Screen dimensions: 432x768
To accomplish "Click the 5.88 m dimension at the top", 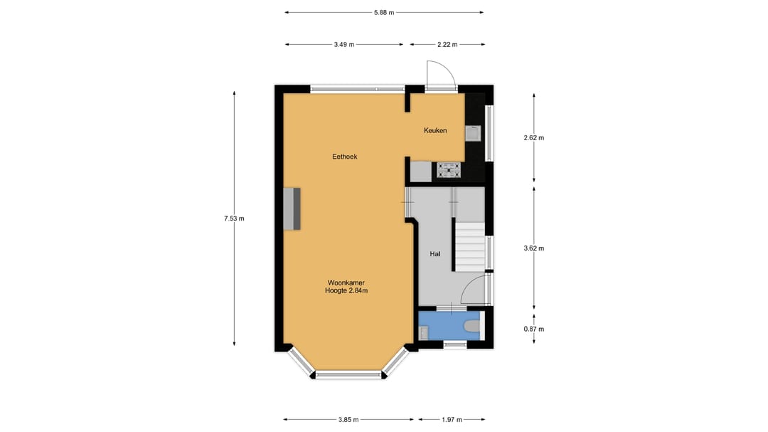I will point(384,12).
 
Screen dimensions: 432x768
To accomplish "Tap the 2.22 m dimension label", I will point(447,44).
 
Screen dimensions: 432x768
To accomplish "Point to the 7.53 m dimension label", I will point(234,218).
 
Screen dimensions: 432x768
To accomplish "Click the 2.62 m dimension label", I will point(533,138).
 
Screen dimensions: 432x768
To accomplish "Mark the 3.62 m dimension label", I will point(533,248).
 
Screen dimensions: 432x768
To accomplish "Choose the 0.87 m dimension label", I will point(533,329).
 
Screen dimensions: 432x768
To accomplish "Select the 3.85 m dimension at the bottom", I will point(348,419).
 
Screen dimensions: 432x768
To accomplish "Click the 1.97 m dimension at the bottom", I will point(452,419).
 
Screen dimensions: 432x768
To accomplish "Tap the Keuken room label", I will point(435,130).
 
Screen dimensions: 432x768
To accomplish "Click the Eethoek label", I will point(344,157).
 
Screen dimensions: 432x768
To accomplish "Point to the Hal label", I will point(435,253).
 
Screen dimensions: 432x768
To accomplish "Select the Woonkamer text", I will point(346,282).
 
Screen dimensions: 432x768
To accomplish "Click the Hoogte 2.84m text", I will point(346,290).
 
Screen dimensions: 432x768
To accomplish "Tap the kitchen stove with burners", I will point(449,170).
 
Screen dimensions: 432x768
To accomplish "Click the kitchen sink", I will point(472,132).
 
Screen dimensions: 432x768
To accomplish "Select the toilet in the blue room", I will point(471,327).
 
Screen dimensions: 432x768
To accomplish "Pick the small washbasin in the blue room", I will point(423,331).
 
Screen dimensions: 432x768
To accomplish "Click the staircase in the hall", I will point(469,245).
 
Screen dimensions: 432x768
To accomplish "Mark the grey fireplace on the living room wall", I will point(292,209).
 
